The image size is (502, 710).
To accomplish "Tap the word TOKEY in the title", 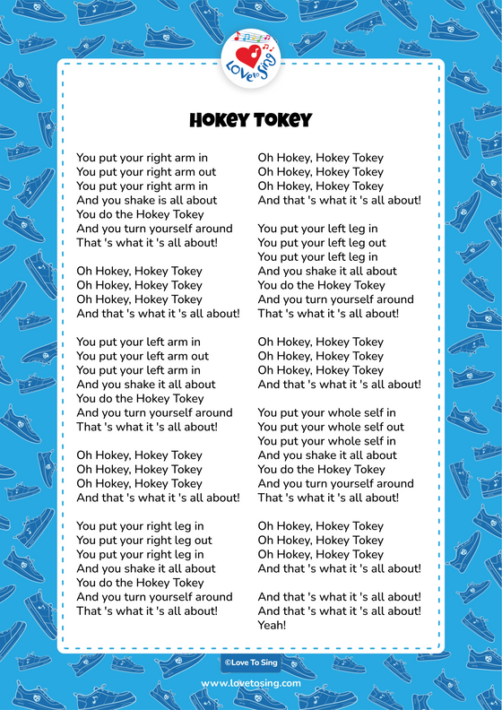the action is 281,121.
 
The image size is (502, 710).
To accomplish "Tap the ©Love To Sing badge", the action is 251,663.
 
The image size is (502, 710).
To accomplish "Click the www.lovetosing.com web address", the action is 251,683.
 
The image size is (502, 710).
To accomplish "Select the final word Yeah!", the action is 272,625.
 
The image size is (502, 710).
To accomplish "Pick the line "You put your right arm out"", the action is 146,172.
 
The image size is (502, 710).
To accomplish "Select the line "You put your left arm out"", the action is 143,356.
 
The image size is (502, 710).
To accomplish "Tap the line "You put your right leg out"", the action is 144,540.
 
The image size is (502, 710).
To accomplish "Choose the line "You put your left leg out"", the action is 322,243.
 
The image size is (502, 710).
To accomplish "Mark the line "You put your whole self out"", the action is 331,427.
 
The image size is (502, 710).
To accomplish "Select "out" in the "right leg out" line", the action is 202,540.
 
